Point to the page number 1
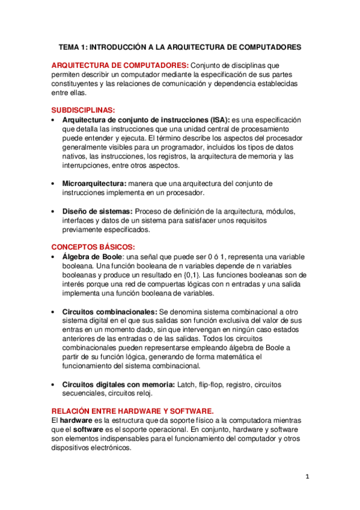pos(307,478)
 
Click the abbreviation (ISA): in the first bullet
pos(216,120)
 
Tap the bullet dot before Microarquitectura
pos(54,183)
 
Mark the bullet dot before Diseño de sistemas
pos(54,212)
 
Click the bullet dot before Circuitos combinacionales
pos(54,312)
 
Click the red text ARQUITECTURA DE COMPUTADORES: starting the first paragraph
pos(120,65)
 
